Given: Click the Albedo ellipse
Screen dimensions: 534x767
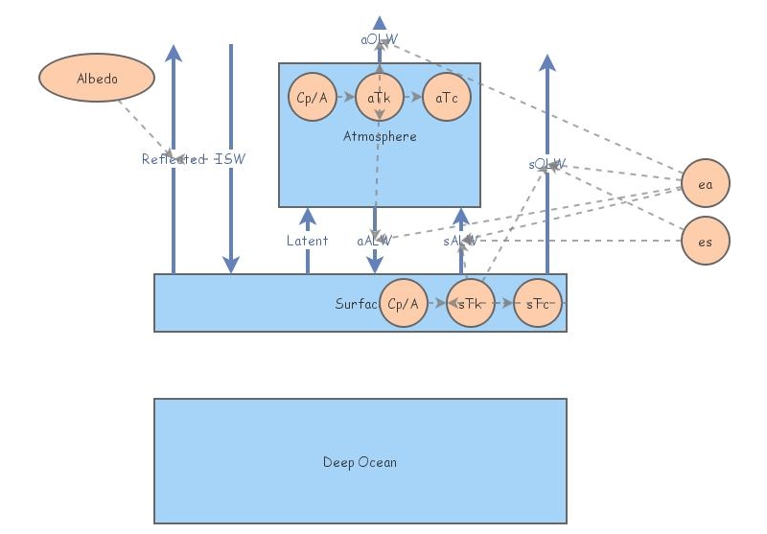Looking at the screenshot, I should pyautogui.click(x=97, y=78).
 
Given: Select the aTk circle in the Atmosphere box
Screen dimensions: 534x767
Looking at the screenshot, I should pyautogui.click(x=380, y=98).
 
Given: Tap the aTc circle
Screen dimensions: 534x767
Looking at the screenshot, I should pyautogui.click(x=447, y=98).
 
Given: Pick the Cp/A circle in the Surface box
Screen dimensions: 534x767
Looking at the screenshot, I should pyautogui.click(x=404, y=303).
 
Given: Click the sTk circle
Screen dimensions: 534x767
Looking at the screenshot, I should pyautogui.click(x=471, y=303).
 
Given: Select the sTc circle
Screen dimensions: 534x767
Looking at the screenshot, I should pyautogui.click(x=538, y=303).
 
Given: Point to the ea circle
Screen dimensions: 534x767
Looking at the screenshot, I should pyautogui.click(x=706, y=184).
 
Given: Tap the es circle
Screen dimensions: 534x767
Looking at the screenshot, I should pyautogui.click(x=706, y=241).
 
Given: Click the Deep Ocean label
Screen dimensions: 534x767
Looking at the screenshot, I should pyautogui.click(x=360, y=462).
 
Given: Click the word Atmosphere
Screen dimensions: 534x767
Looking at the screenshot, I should pyautogui.click(x=380, y=136).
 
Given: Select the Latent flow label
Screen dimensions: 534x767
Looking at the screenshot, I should pyautogui.click(x=307, y=241).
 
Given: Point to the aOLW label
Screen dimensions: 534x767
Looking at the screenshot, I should pyautogui.click(x=380, y=39).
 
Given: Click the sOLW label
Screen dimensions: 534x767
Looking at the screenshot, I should pyautogui.click(x=546, y=164).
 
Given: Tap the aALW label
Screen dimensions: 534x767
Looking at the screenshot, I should pyautogui.click(x=374, y=241).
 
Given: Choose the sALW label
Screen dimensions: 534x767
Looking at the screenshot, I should pyautogui.click(x=460, y=241).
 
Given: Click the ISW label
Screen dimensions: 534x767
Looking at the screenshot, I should pyautogui.click(x=230, y=159).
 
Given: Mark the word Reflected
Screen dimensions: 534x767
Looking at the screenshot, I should pyautogui.click(x=174, y=159).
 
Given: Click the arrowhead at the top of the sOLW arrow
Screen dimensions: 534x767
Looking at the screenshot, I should pyautogui.click(x=546, y=62).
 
